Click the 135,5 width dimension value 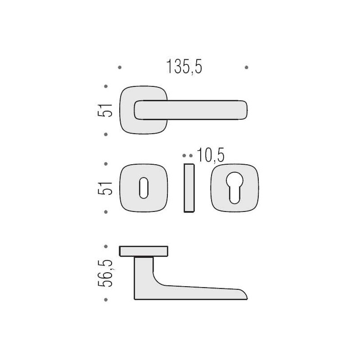(184, 67)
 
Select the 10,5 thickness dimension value (211, 155)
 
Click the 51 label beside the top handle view (105, 110)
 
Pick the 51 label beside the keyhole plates (105, 188)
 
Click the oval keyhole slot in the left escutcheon (144, 188)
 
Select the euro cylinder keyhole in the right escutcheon (234, 188)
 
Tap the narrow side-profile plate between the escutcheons (189, 188)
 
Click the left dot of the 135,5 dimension (120, 67)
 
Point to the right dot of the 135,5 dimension (247, 67)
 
